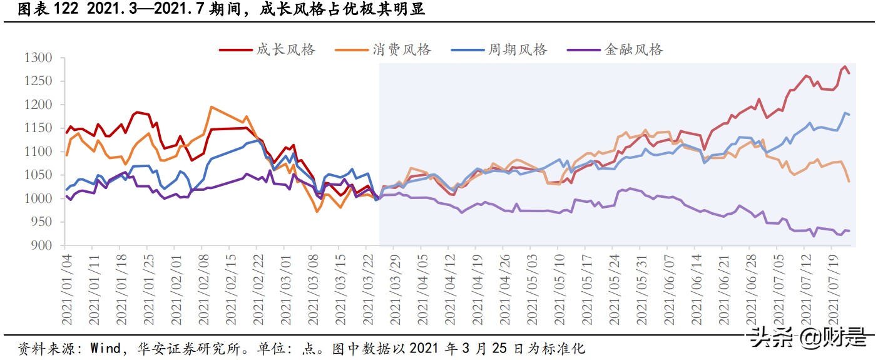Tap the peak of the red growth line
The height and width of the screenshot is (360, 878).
(845, 66)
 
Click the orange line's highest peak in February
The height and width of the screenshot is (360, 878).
(211, 107)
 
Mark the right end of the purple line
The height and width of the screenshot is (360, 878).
(849, 231)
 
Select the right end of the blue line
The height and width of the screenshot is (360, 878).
(849, 115)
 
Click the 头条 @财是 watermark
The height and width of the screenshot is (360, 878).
(809, 337)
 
